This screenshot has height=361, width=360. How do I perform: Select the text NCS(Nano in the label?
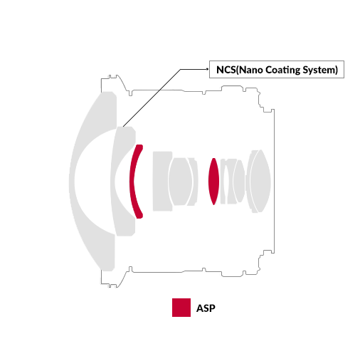tap(240, 70)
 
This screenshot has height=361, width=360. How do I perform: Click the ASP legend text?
tap(206, 308)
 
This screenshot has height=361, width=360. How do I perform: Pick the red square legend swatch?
tap(181, 308)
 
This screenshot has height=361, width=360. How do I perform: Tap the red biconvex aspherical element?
tap(213, 181)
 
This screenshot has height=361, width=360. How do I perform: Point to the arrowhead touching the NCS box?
tap(208, 69)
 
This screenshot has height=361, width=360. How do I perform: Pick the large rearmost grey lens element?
tap(260, 181)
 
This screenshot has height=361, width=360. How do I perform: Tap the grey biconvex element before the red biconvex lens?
tap(180, 182)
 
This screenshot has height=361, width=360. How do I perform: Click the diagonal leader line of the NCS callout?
tap(152, 98)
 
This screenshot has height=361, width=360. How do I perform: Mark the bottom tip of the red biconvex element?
tap(214, 205)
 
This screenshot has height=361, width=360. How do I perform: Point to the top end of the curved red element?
tap(139, 145)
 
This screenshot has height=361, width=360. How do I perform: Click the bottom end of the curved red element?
tap(139, 217)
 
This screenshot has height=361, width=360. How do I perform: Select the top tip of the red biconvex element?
tap(214, 158)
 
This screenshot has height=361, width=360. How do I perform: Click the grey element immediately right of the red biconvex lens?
tap(223, 182)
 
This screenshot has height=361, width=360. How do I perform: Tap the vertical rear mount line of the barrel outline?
tap(275, 182)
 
